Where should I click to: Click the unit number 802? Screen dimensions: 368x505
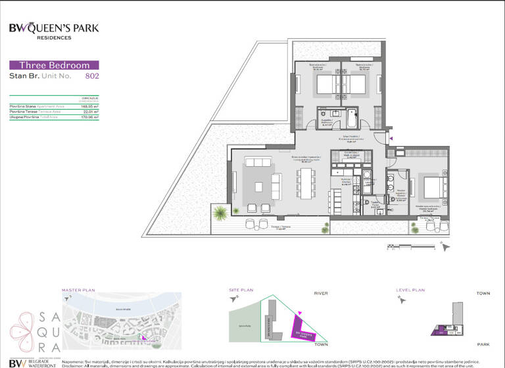point(92,76)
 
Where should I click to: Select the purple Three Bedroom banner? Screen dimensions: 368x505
point(54,65)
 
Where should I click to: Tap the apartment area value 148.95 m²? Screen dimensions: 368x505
point(90,106)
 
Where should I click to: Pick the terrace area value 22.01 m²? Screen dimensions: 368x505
point(91,112)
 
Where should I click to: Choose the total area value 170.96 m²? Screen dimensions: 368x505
point(90,117)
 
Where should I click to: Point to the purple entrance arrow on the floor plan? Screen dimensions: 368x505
point(391,138)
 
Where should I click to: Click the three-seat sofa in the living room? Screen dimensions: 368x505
point(257,162)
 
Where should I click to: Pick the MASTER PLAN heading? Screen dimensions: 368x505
point(79,289)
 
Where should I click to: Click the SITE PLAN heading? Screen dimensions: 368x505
point(241,289)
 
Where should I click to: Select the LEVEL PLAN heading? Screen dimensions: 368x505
point(410,289)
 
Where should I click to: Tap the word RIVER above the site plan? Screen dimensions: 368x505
point(321,293)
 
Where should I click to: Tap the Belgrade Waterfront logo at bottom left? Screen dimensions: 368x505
point(30,361)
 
